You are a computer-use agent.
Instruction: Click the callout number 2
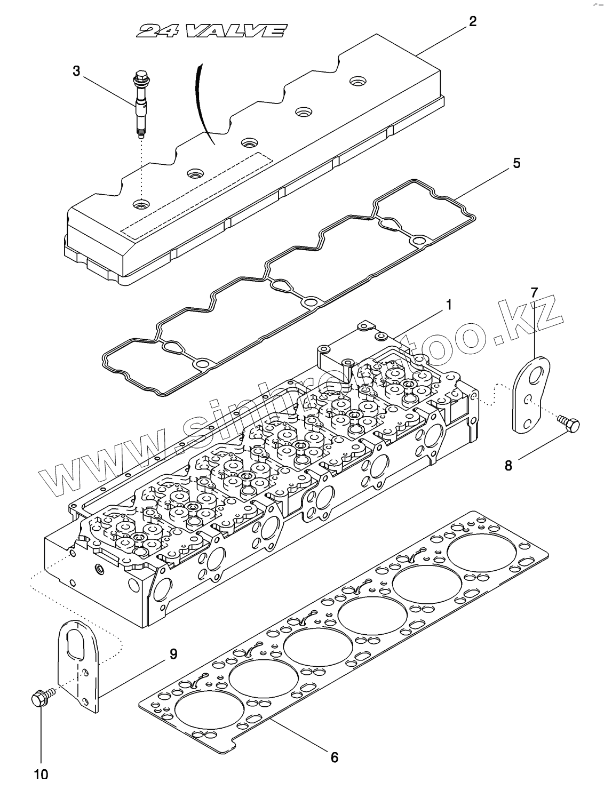pos(472,22)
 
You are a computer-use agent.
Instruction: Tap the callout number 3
pos(76,70)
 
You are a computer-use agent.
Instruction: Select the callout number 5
pos(516,163)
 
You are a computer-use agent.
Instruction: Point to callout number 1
pos(449,305)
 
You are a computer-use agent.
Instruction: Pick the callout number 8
pos(508,465)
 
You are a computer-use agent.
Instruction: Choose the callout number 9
pos(173,654)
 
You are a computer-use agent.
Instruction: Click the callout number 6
pos(335,757)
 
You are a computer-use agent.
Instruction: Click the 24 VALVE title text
pos(210,31)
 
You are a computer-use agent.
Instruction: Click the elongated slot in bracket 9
pos(78,643)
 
